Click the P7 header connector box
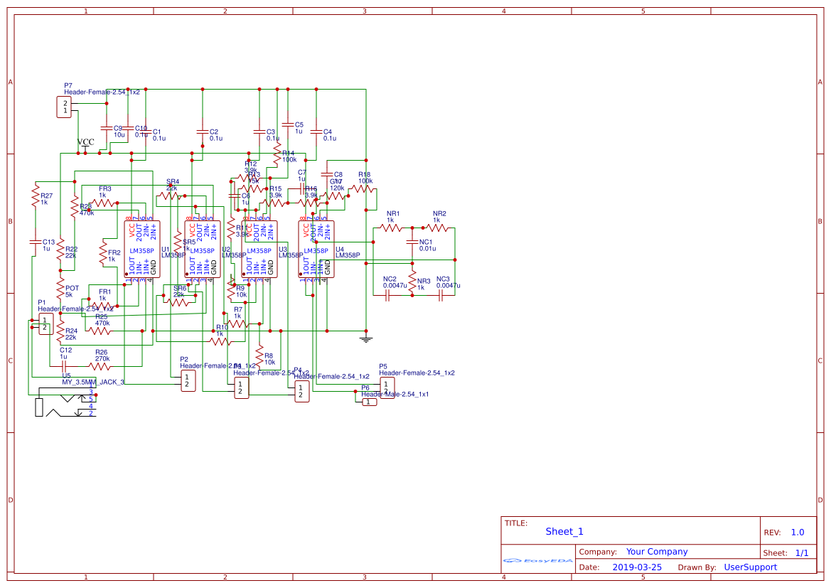coord(65,107)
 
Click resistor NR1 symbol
coord(391,228)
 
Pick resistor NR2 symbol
coord(438,228)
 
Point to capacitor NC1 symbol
coord(411,242)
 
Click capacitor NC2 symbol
coord(388,295)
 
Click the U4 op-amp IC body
coord(316,249)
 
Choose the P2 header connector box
coord(186,380)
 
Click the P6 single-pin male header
coord(369,402)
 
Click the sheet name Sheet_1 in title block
coord(564,531)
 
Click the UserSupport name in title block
coord(750,567)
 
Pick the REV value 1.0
coord(797,532)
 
